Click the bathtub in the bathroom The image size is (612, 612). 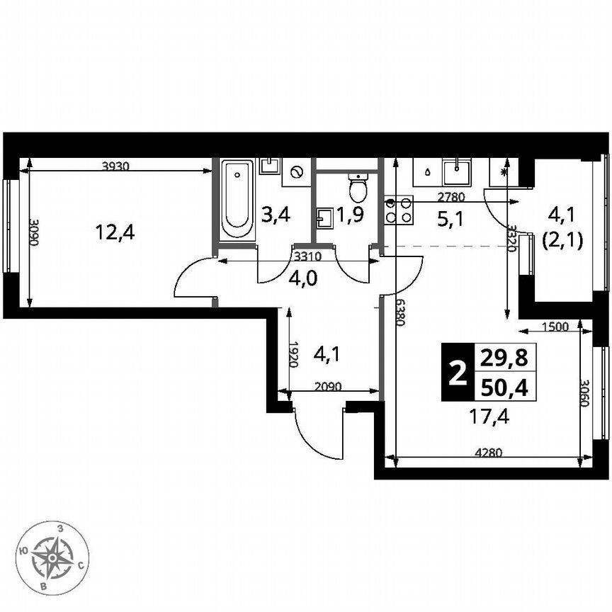point(236,200)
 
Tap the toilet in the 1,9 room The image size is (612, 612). point(359,188)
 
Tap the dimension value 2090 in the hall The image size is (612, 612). point(328,387)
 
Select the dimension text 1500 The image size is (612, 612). point(555,327)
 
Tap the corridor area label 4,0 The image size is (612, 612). point(302,277)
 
